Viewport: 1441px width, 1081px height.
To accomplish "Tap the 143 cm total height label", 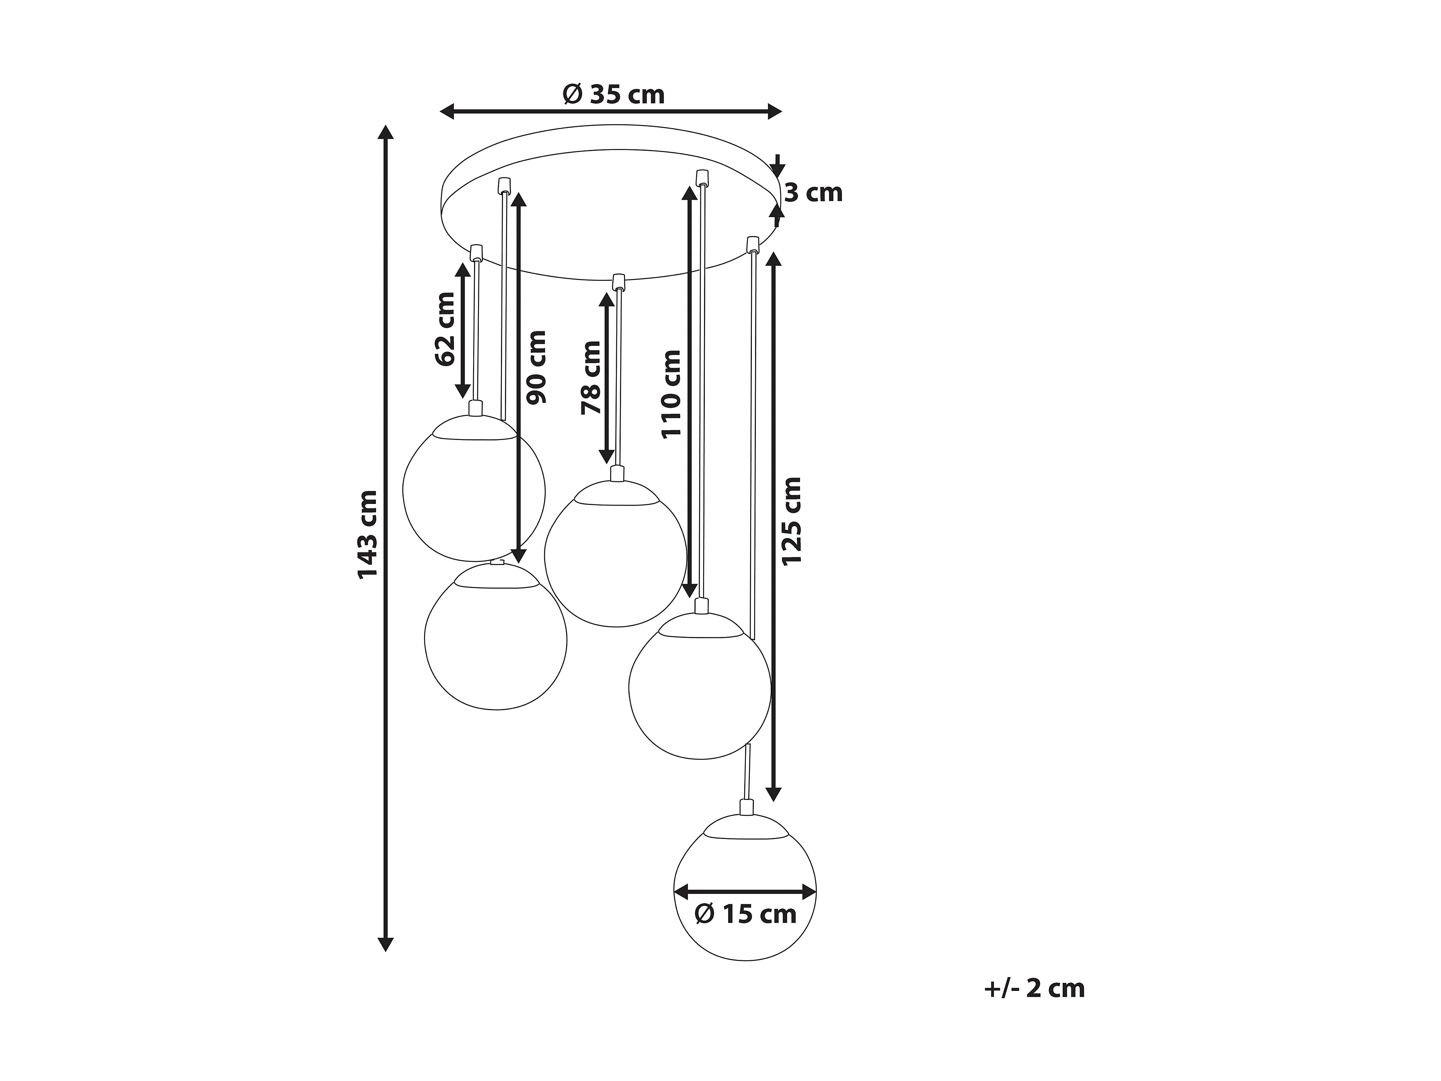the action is coord(368,534).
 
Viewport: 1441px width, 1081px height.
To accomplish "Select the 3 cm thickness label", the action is coord(814,193).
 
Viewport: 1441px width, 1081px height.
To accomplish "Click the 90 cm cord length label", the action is coord(537,368).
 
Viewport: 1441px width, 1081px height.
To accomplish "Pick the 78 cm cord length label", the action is coord(591,378).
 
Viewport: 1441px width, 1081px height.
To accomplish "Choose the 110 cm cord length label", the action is coord(671,394).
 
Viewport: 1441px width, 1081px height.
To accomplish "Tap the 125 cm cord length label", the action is coord(792,521).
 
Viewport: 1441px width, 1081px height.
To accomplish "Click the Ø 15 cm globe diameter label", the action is coord(746,914).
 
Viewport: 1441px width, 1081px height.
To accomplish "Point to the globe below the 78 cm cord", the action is coord(615,554).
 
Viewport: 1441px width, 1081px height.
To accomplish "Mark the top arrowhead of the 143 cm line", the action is coord(386,132).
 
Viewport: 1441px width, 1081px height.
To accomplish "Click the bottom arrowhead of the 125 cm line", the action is coord(773,793).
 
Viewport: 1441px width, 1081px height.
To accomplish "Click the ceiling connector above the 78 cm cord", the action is coord(618,282).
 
